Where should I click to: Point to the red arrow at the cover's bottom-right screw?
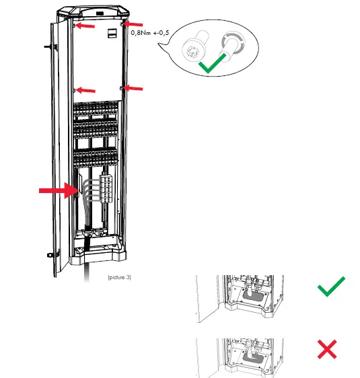click(133, 87)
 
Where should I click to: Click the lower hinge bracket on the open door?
click(51, 256)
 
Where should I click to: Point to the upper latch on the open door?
click(45, 48)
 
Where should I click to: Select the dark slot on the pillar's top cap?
click(99, 12)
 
